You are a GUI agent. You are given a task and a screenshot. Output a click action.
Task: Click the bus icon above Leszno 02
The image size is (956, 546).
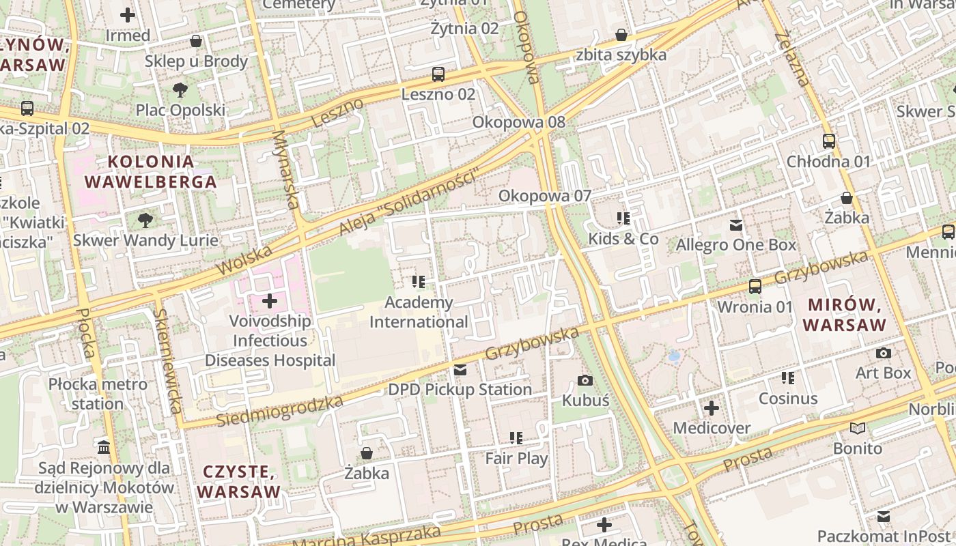438,74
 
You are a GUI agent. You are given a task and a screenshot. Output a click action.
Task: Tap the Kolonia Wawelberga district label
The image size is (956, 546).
150,172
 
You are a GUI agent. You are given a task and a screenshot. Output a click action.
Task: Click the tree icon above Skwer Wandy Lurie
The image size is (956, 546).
145,220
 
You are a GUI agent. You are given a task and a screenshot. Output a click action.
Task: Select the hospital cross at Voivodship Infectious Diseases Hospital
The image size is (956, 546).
270,300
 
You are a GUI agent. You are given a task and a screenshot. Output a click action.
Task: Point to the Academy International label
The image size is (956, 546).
419,312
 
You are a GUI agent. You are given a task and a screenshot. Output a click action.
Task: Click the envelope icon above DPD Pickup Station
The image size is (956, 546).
460,370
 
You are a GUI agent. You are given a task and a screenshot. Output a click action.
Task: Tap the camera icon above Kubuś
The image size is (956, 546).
585,381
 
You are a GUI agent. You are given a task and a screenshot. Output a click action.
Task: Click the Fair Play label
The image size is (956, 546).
516,458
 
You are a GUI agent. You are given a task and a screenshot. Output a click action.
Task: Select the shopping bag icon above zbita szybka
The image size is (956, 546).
621,35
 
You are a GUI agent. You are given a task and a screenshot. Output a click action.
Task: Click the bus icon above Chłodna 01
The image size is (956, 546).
829,142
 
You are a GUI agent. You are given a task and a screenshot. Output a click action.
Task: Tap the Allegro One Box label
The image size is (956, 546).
736,244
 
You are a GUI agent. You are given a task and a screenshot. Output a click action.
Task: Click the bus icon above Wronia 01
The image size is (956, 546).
755,287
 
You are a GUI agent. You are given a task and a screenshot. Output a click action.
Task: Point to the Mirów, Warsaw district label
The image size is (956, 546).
846,315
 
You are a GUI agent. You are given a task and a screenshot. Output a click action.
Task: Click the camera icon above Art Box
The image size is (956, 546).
884,354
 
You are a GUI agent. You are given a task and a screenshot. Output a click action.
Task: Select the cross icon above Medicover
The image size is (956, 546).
712,409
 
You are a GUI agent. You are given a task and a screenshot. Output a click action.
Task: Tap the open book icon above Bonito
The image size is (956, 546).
858,429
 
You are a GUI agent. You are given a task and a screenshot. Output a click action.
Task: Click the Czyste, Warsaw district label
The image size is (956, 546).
238,481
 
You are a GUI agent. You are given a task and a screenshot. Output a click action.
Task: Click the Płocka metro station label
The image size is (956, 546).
98,394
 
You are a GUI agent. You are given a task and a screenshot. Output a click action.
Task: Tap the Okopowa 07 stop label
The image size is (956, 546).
544,196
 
